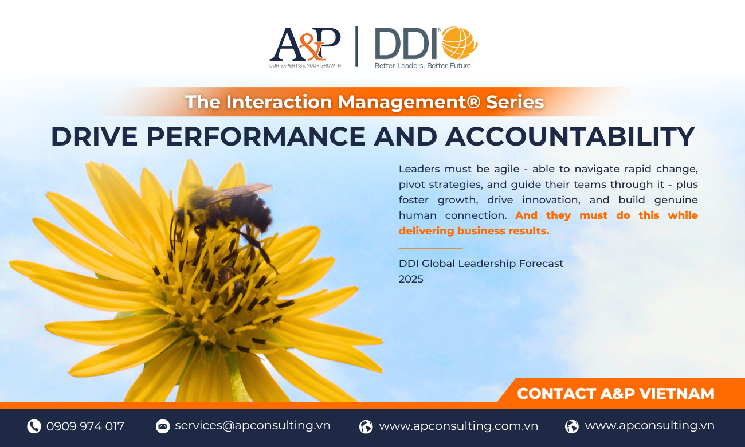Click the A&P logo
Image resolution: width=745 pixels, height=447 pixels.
(305, 47)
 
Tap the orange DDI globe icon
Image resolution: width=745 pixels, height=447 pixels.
(460, 43)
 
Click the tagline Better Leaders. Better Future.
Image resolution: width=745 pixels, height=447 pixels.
(424, 65)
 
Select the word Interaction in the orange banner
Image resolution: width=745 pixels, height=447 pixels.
(279, 102)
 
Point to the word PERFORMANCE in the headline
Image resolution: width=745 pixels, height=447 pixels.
(256, 136)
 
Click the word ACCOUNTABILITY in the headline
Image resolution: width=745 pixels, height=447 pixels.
(570, 136)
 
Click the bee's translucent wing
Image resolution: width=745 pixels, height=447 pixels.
(236, 193)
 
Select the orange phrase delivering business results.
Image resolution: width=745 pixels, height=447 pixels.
(474, 231)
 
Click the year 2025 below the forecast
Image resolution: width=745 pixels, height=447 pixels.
(411, 279)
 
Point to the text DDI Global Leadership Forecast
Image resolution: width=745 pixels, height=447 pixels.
(481, 264)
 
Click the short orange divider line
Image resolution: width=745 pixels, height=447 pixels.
(431, 248)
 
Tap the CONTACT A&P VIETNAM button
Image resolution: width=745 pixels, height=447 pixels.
(615, 394)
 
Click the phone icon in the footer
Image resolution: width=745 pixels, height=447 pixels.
(34, 426)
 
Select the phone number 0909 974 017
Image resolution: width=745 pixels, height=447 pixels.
(85, 426)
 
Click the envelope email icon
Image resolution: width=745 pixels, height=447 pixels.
(163, 426)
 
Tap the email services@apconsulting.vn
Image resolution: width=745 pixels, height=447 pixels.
(252, 426)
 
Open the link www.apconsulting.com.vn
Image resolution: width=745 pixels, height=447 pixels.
(458, 426)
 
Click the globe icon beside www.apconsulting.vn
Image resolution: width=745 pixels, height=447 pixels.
(572, 426)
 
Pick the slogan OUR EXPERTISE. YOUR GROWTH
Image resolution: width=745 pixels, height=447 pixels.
(305, 65)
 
